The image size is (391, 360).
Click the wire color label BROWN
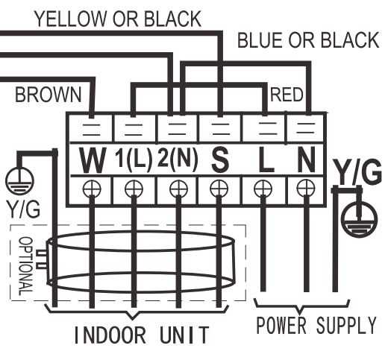(49, 95)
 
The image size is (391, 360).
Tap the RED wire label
(287, 95)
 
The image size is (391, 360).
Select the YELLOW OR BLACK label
(118, 19)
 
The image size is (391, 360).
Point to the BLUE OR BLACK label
(308, 40)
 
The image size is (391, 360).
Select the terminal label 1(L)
(134, 159)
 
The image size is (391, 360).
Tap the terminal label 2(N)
(178, 159)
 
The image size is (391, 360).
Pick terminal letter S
(220, 160)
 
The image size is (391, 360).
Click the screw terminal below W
(92, 189)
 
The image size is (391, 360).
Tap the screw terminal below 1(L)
(134, 189)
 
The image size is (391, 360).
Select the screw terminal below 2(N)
(178, 189)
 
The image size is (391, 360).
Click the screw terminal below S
(219, 189)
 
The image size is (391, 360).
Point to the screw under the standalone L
(263, 189)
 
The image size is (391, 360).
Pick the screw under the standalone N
(306, 189)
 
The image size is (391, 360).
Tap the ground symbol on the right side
(360, 219)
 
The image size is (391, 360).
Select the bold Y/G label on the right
(357, 171)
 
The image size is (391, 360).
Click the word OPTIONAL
(26, 266)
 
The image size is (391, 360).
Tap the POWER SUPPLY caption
(316, 325)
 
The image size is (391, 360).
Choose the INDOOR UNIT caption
(141, 335)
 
